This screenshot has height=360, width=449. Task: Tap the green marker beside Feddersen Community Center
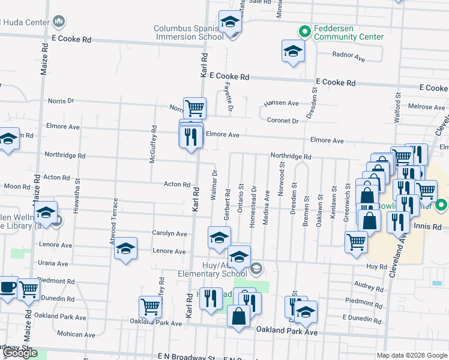click(304, 31)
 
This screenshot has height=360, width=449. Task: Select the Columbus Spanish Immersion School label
click(189, 32)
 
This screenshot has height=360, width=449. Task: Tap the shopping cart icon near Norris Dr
click(194, 109)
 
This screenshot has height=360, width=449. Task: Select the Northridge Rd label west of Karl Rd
click(65, 155)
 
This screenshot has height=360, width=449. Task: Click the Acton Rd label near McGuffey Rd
click(177, 184)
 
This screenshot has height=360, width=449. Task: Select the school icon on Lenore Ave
click(125, 248)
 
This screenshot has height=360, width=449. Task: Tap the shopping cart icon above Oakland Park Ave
click(150, 307)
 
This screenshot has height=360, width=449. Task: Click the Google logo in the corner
click(20, 353)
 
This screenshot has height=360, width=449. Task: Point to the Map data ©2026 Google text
click(412, 355)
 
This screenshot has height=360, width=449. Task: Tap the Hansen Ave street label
click(282, 103)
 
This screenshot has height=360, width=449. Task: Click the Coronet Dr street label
click(283, 121)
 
